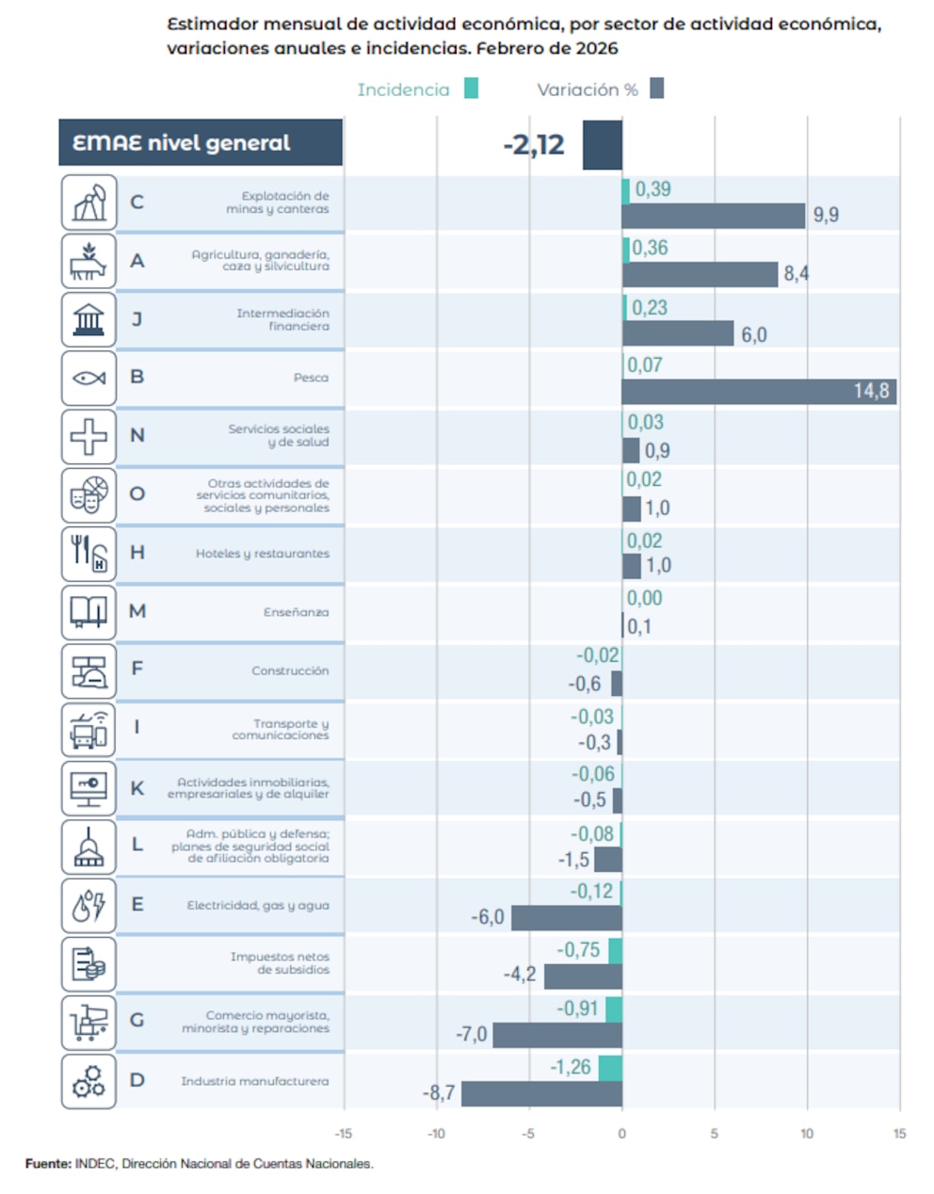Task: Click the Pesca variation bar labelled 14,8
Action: (758, 391)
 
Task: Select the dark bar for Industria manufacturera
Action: (541, 1093)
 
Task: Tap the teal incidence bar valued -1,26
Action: (610, 1068)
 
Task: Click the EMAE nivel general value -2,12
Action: (534, 145)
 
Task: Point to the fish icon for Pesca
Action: (89, 379)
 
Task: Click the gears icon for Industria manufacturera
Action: (89, 1081)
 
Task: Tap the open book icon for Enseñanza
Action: (89, 612)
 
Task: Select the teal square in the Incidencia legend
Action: (471, 89)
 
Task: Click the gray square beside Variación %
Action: (656, 89)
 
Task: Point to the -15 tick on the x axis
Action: (344, 1134)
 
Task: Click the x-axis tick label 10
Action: (807, 1134)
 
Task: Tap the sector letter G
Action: (137, 1020)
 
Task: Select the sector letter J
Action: (137, 318)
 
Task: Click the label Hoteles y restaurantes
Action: (262, 554)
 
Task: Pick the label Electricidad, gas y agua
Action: (258, 905)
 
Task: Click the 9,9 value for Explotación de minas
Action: (826, 215)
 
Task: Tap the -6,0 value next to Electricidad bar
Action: (488, 917)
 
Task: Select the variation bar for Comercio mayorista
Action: (556, 1035)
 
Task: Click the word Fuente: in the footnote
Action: (48, 1164)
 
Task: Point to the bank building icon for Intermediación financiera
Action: (89, 319)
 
